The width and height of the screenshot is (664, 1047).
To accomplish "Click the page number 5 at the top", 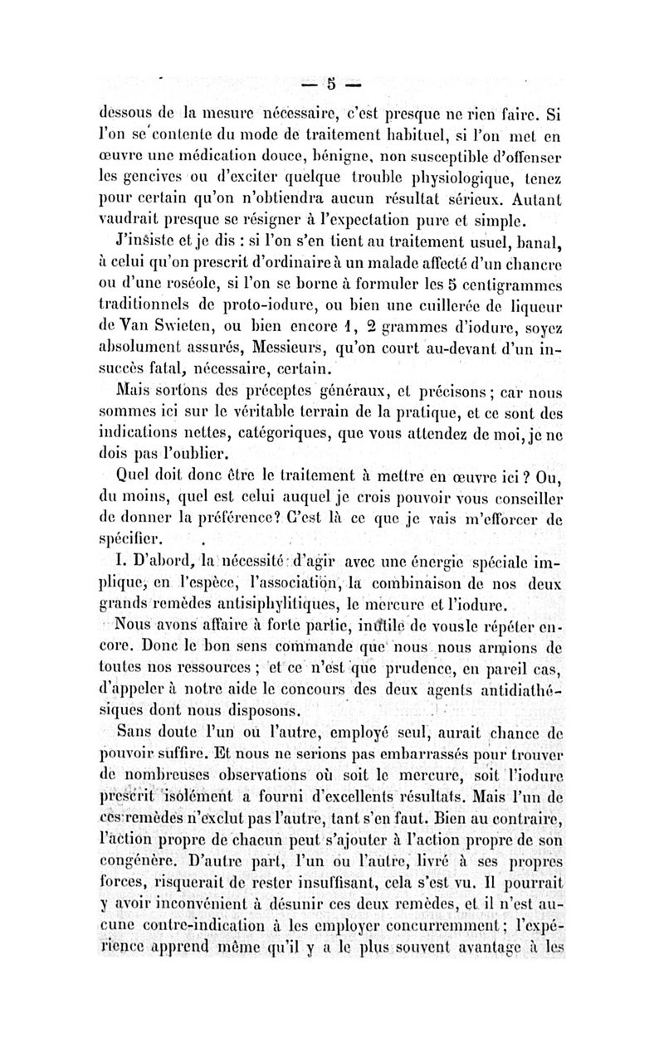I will click(x=330, y=83).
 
